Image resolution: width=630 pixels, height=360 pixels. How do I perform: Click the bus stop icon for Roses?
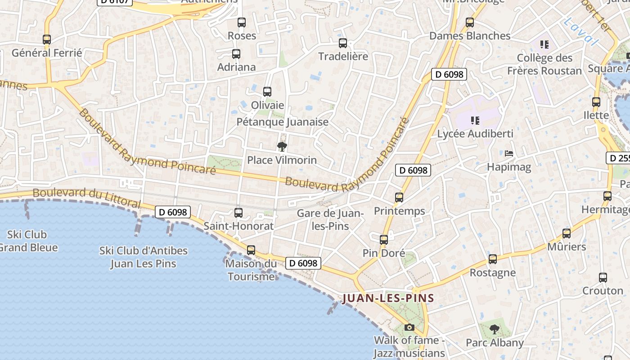pos(242,22)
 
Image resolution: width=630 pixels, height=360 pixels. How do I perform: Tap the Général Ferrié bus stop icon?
pos(47,40)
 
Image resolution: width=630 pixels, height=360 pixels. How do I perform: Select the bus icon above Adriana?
pos(236,54)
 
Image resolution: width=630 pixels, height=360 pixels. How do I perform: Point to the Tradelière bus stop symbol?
pos(343,43)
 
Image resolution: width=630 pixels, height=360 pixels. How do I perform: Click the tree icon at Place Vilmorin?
pos(282,146)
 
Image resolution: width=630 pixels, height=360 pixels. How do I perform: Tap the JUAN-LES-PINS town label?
pos(388,298)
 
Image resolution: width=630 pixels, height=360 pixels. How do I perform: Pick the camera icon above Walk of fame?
pos(409,327)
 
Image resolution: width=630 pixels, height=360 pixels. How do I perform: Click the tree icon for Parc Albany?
pos(495,329)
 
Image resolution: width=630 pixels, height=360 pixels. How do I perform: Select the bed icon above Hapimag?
pos(509,153)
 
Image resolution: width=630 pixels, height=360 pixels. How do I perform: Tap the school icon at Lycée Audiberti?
pos(475,121)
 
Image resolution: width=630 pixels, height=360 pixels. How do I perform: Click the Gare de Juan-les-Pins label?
pos(330,219)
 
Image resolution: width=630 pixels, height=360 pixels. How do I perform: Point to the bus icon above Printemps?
pos(399,197)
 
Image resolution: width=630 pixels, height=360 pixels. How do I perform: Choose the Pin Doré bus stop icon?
pos(384,240)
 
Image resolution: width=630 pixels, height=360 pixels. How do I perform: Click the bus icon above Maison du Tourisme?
pos(251,250)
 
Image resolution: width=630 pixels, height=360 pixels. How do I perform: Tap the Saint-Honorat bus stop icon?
pos(238,213)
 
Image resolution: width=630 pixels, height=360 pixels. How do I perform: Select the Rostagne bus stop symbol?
pos(493,259)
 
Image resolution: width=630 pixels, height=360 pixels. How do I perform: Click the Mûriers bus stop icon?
pos(567,234)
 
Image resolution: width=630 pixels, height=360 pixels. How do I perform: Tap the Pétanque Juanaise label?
pos(283,122)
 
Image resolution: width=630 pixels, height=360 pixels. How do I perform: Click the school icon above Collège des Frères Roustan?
pos(544,45)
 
